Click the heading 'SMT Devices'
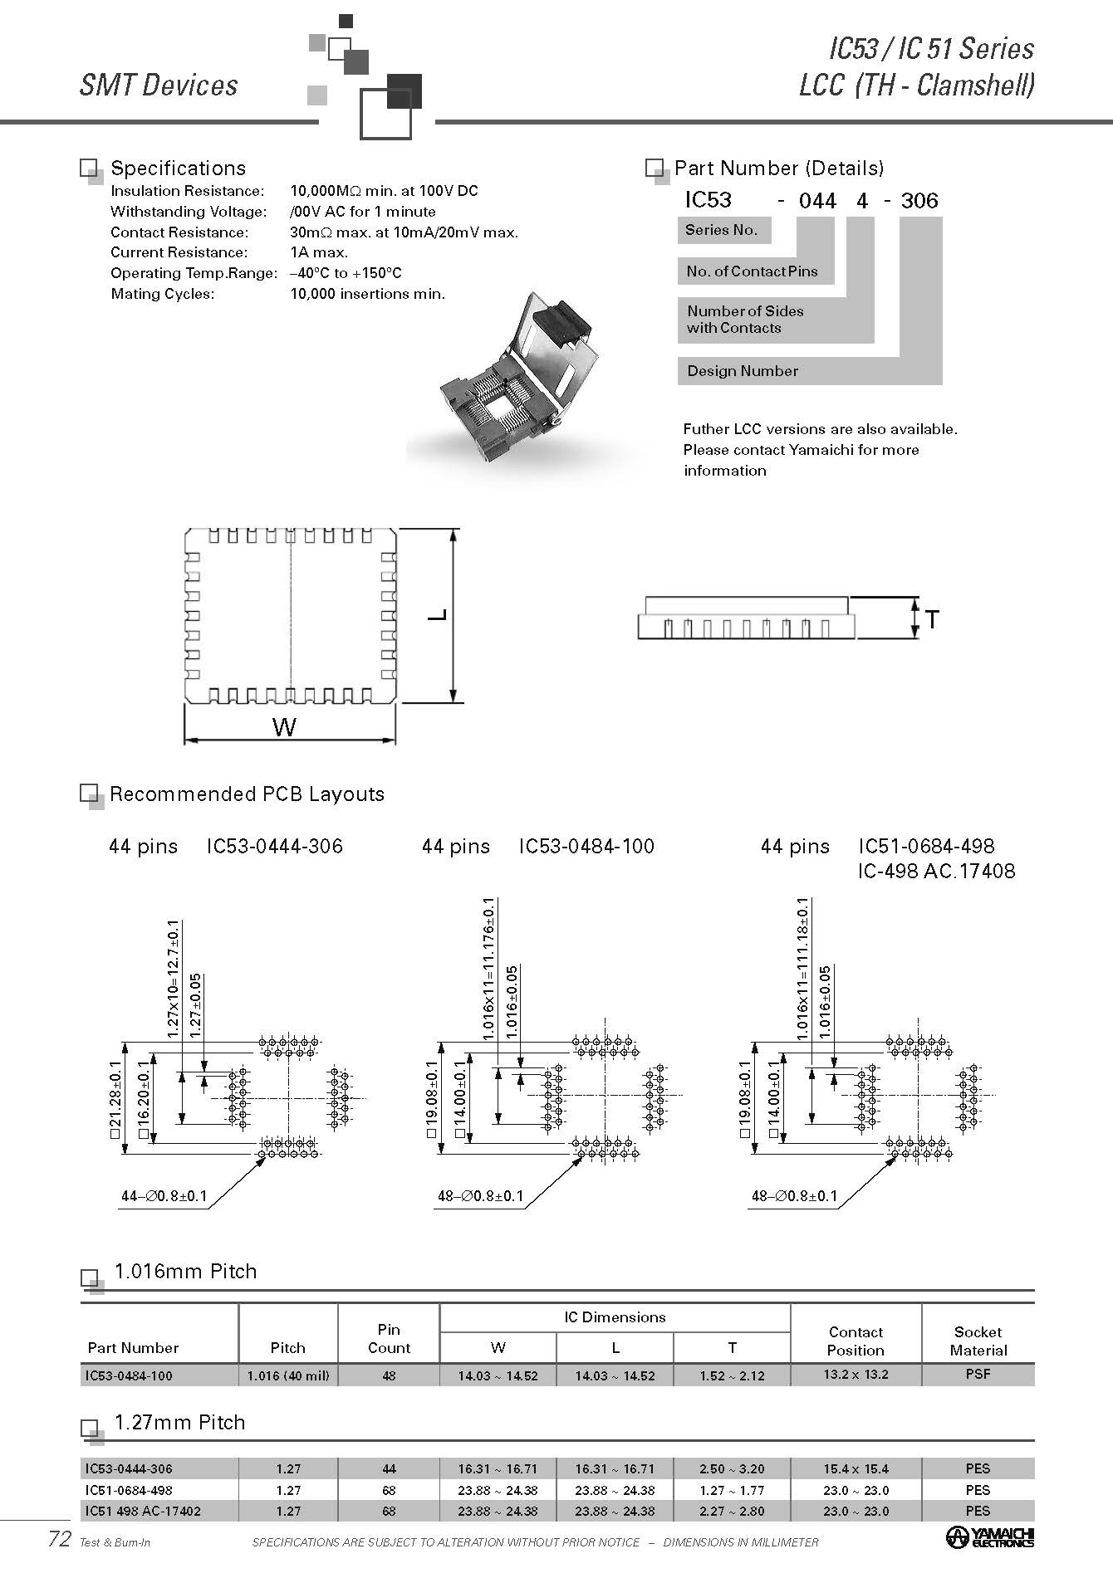159,85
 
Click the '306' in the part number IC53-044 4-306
919,201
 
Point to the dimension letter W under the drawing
284,728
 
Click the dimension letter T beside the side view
932,619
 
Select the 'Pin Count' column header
389,1338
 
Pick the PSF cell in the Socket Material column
978,1374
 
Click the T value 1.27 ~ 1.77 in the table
732,1490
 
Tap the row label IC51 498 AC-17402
143,1511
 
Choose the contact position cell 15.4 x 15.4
856,1468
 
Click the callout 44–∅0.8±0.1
164,1197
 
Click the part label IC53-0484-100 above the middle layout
586,847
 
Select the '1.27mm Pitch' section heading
179,1422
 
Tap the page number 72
59,1539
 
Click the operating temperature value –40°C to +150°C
346,273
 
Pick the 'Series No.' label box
721,230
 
